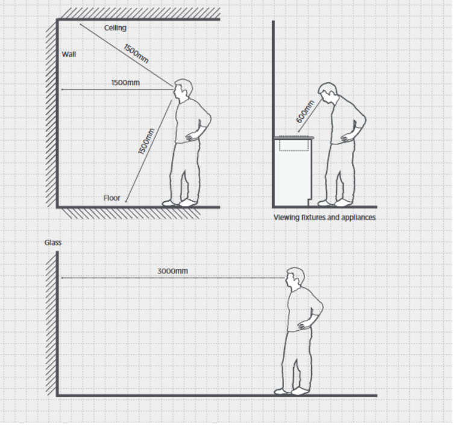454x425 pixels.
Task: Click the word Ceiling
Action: click(x=115, y=28)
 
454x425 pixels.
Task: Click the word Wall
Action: click(x=68, y=54)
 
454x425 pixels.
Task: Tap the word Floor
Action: click(x=112, y=197)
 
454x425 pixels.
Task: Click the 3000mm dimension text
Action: click(x=172, y=272)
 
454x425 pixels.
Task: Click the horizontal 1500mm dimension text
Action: click(x=126, y=82)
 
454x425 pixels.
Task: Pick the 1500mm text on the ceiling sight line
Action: click(x=136, y=53)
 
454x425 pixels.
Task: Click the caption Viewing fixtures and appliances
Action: click(x=324, y=217)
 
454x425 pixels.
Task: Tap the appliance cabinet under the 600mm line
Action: click(x=294, y=172)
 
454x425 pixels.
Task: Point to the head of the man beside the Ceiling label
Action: click(x=183, y=91)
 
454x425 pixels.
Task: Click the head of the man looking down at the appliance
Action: click(x=327, y=94)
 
